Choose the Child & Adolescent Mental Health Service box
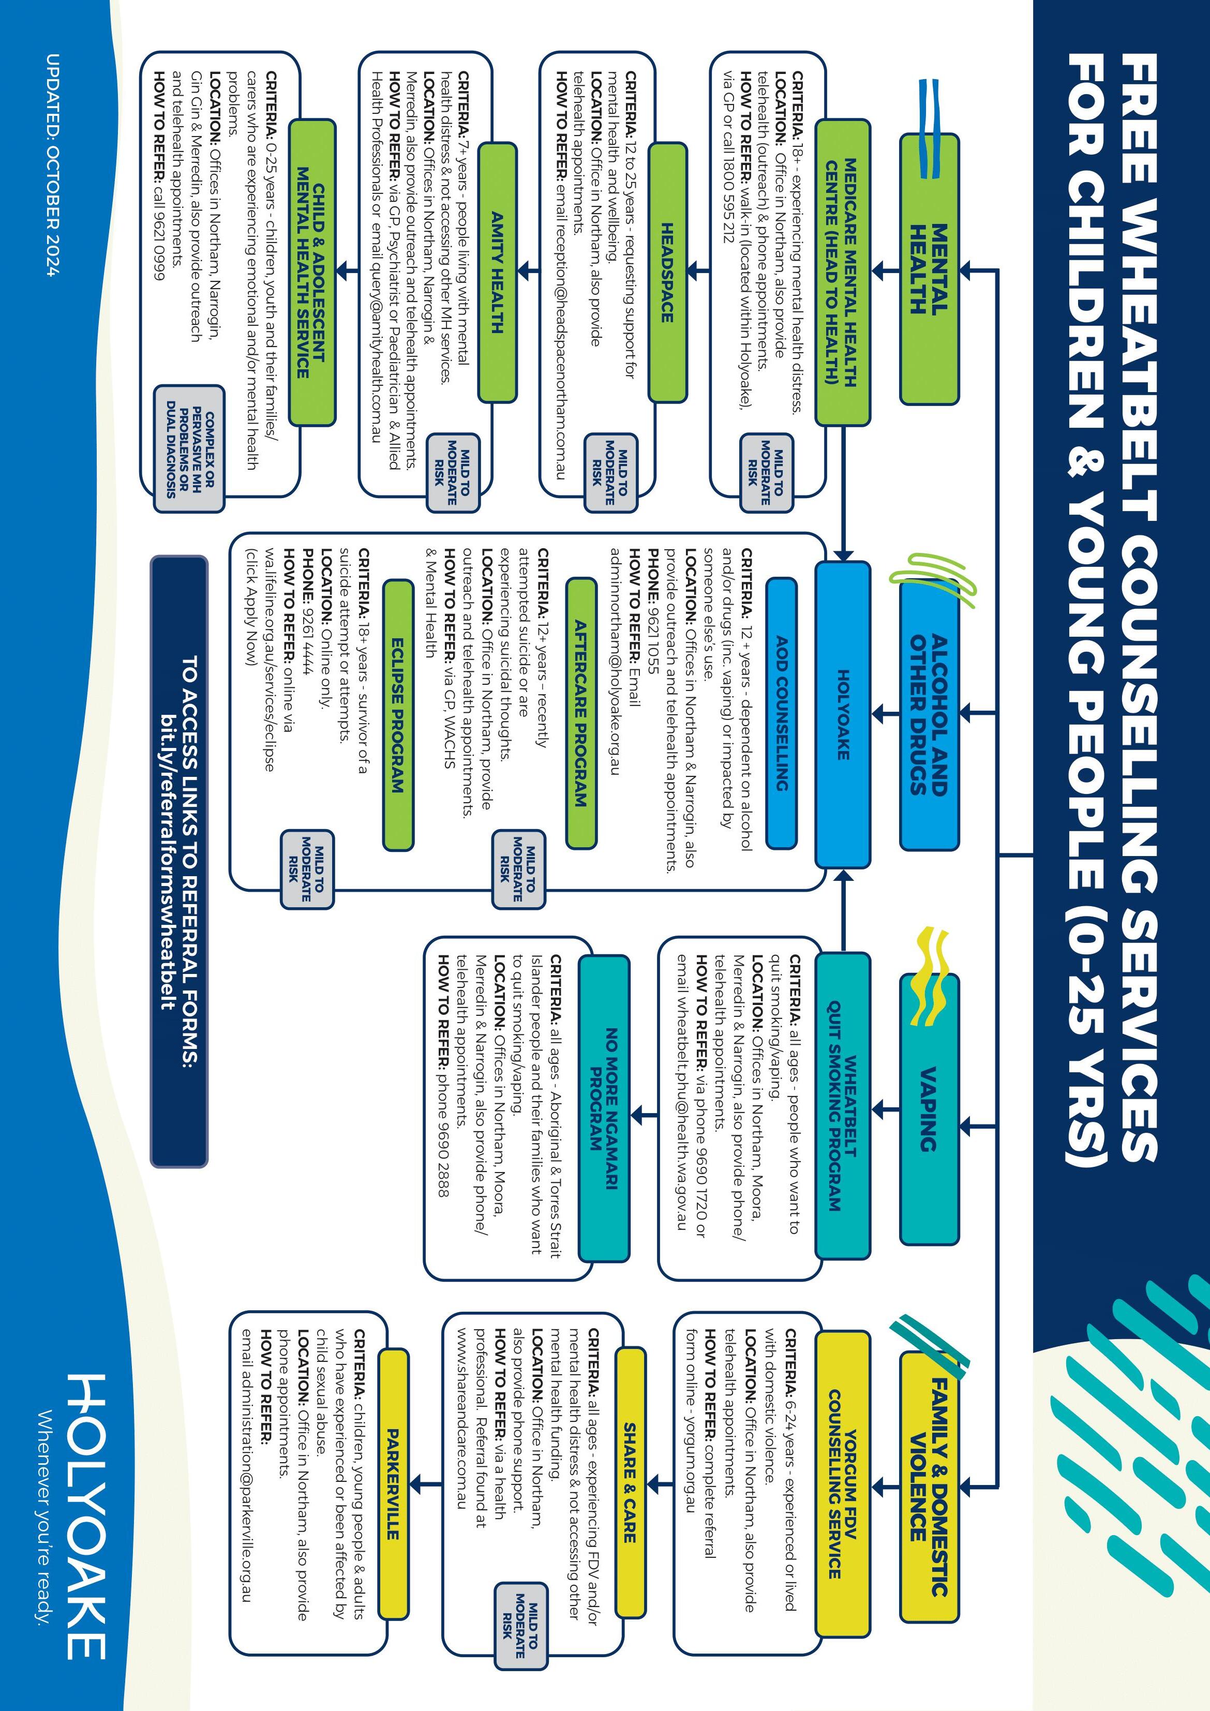tap(311, 272)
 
